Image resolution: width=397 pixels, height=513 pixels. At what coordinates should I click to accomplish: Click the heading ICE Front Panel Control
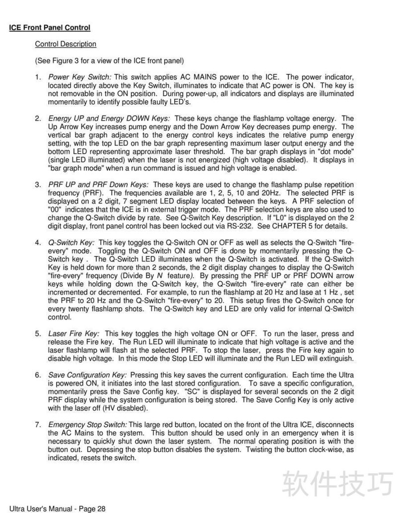(50, 27)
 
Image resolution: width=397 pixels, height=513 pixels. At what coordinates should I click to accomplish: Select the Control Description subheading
(65, 44)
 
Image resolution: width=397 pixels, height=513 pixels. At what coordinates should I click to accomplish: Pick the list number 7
(38, 425)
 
